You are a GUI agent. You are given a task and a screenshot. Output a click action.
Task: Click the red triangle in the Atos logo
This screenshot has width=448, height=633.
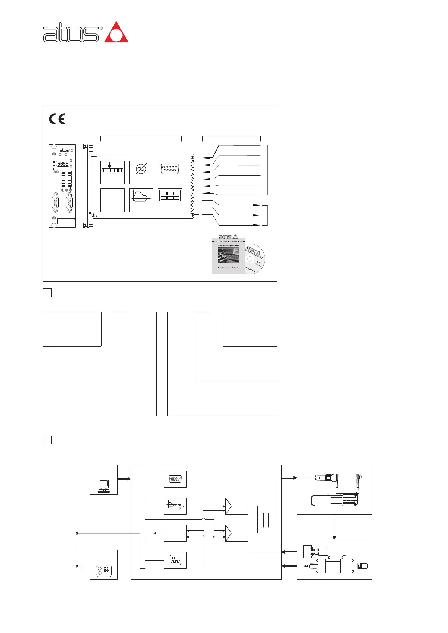coord(116,33)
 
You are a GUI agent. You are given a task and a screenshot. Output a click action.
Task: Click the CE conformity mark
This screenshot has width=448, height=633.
coord(57,119)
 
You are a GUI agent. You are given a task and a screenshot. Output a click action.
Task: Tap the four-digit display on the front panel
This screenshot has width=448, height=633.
coord(63,164)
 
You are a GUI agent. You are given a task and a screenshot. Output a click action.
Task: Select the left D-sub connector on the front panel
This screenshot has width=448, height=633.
coord(56,203)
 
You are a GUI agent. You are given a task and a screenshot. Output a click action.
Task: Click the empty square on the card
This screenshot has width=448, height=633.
coord(112,200)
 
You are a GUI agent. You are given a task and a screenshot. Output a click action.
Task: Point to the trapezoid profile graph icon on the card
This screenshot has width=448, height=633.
coord(141,200)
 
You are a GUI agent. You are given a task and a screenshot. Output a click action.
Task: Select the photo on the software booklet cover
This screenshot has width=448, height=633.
coord(228,255)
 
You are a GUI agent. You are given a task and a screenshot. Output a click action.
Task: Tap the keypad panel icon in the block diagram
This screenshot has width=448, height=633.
coord(104,569)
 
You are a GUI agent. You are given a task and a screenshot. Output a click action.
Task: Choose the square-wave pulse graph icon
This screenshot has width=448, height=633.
coord(175,560)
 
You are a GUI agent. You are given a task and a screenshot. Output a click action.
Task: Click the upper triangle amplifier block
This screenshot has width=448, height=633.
coord(236,506)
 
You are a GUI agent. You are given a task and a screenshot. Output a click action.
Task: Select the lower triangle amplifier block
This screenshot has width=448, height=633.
coord(236,533)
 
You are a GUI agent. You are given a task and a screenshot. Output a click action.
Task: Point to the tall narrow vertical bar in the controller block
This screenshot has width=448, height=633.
coord(142,533)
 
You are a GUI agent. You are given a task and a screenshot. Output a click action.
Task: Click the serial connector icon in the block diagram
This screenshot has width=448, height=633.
coord(175,479)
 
